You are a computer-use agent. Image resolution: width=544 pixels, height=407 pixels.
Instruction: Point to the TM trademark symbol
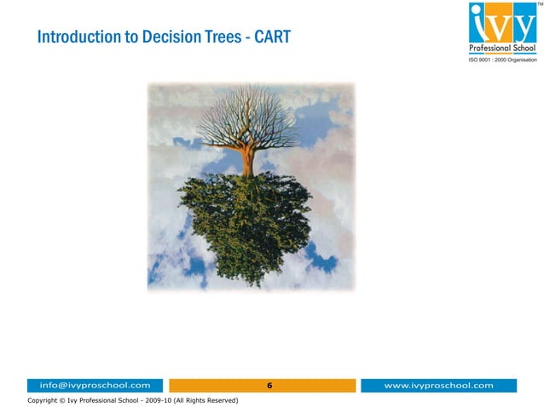pyautogui.click(x=538, y=4)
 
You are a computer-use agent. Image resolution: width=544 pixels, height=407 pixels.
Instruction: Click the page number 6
pyautogui.click(x=269, y=386)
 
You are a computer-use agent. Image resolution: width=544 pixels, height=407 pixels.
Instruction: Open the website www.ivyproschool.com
pyautogui.click(x=438, y=386)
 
